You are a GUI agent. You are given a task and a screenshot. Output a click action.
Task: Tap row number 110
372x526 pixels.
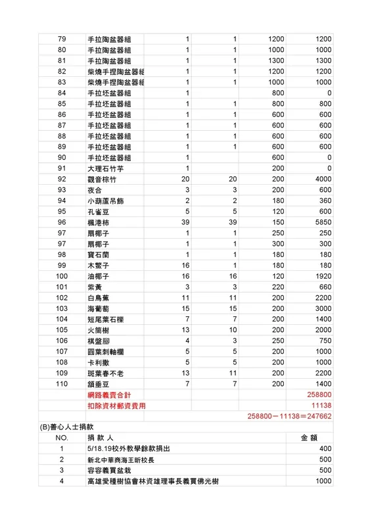coord(62,383)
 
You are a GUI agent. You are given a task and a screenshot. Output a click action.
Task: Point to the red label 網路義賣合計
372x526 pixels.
coord(109,394)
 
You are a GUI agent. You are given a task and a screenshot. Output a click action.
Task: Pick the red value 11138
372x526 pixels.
coord(321,406)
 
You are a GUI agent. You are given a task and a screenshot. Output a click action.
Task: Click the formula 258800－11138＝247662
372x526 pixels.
coord(289,416)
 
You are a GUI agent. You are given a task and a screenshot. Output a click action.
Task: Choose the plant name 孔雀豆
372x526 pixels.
coord(98,212)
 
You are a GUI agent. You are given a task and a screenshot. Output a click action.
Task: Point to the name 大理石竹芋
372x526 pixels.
coord(105,168)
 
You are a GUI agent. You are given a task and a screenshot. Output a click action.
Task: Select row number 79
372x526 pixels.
coord(62,39)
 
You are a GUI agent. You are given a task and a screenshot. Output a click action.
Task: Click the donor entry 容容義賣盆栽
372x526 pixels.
coord(109,470)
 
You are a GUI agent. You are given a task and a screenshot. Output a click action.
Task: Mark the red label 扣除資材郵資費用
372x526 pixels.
coord(116,406)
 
